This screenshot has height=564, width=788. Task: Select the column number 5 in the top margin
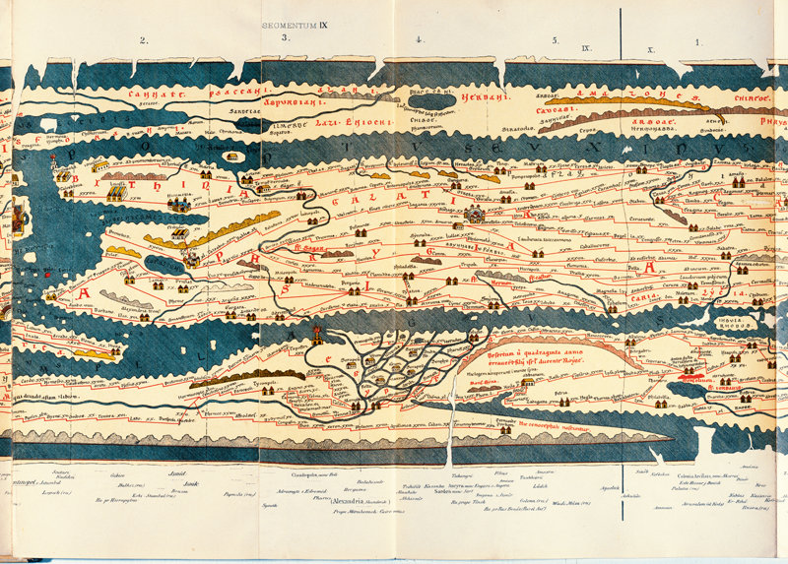[x=555, y=40]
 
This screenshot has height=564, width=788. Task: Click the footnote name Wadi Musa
[x=571, y=503]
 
